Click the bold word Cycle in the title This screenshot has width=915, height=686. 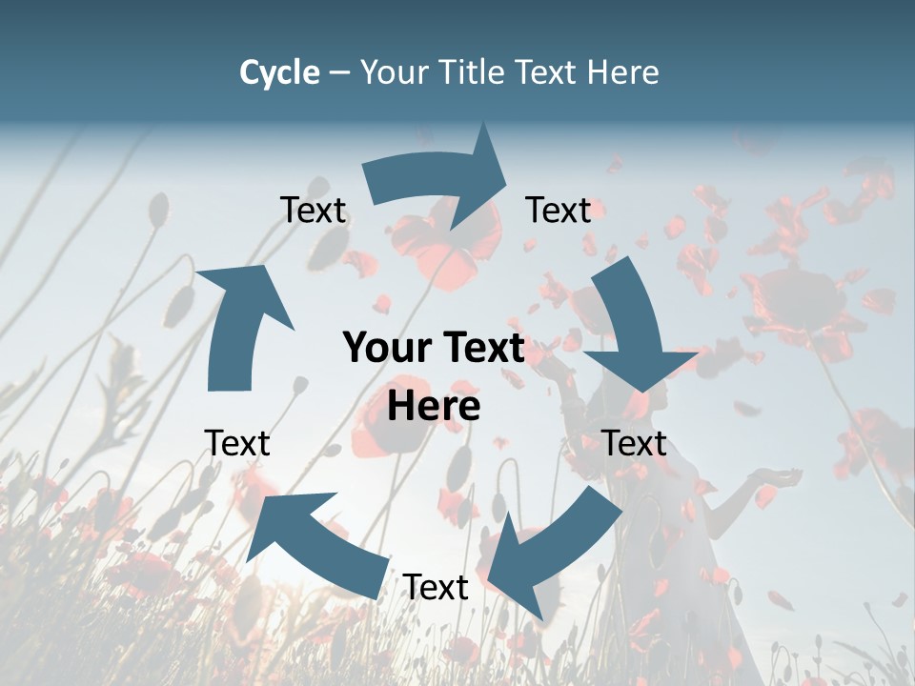279,72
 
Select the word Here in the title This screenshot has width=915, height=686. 625,72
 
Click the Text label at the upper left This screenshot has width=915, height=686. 313,210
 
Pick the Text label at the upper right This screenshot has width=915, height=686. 559,210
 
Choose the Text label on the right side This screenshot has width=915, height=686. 634,443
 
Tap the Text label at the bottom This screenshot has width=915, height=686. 436,587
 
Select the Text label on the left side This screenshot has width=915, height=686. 237,443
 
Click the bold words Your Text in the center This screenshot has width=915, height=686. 434,349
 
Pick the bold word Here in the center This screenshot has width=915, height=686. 434,406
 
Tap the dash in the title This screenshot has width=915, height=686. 339,72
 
